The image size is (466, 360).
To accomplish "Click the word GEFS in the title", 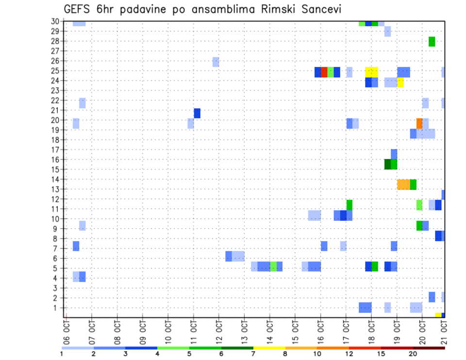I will pyautogui.click(x=78, y=9).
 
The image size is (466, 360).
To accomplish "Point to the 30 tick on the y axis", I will pyautogui.click(x=55, y=21).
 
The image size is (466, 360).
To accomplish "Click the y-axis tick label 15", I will pyautogui.click(x=55, y=169).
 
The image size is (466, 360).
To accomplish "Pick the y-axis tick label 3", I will pyautogui.click(x=57, y=288).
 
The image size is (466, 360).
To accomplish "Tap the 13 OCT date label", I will pyautogui.click(x=244, y=331).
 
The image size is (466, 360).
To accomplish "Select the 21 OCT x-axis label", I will pyautogui.click(x=444, y=331).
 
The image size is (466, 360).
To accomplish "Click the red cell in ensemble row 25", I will pyautogui.click(x=324, y=72).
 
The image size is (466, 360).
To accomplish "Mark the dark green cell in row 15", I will pyautogui.click(x=387, y=164).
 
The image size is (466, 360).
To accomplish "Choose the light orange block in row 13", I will pyautogui.click(x=403, y=184).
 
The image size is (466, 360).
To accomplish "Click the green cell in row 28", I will pyautogui.click(x=432, y=42).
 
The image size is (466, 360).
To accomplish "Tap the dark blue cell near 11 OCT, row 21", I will pyautogui.click(x=197, y=113).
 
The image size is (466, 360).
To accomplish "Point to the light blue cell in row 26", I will pyautogui.click(x=216, y=62).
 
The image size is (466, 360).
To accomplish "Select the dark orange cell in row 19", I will pyautogui.click(x=419, y=123).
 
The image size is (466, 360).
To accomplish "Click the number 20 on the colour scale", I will pyautogui.click(x=413, y=354).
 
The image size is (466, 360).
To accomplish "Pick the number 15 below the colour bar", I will pyautogui.click(x=381, y=354).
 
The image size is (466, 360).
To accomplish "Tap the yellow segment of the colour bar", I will pyautogui.click(x=269, y=348).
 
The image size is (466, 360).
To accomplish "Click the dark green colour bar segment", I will pyautogui.click(x=237, y=348).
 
